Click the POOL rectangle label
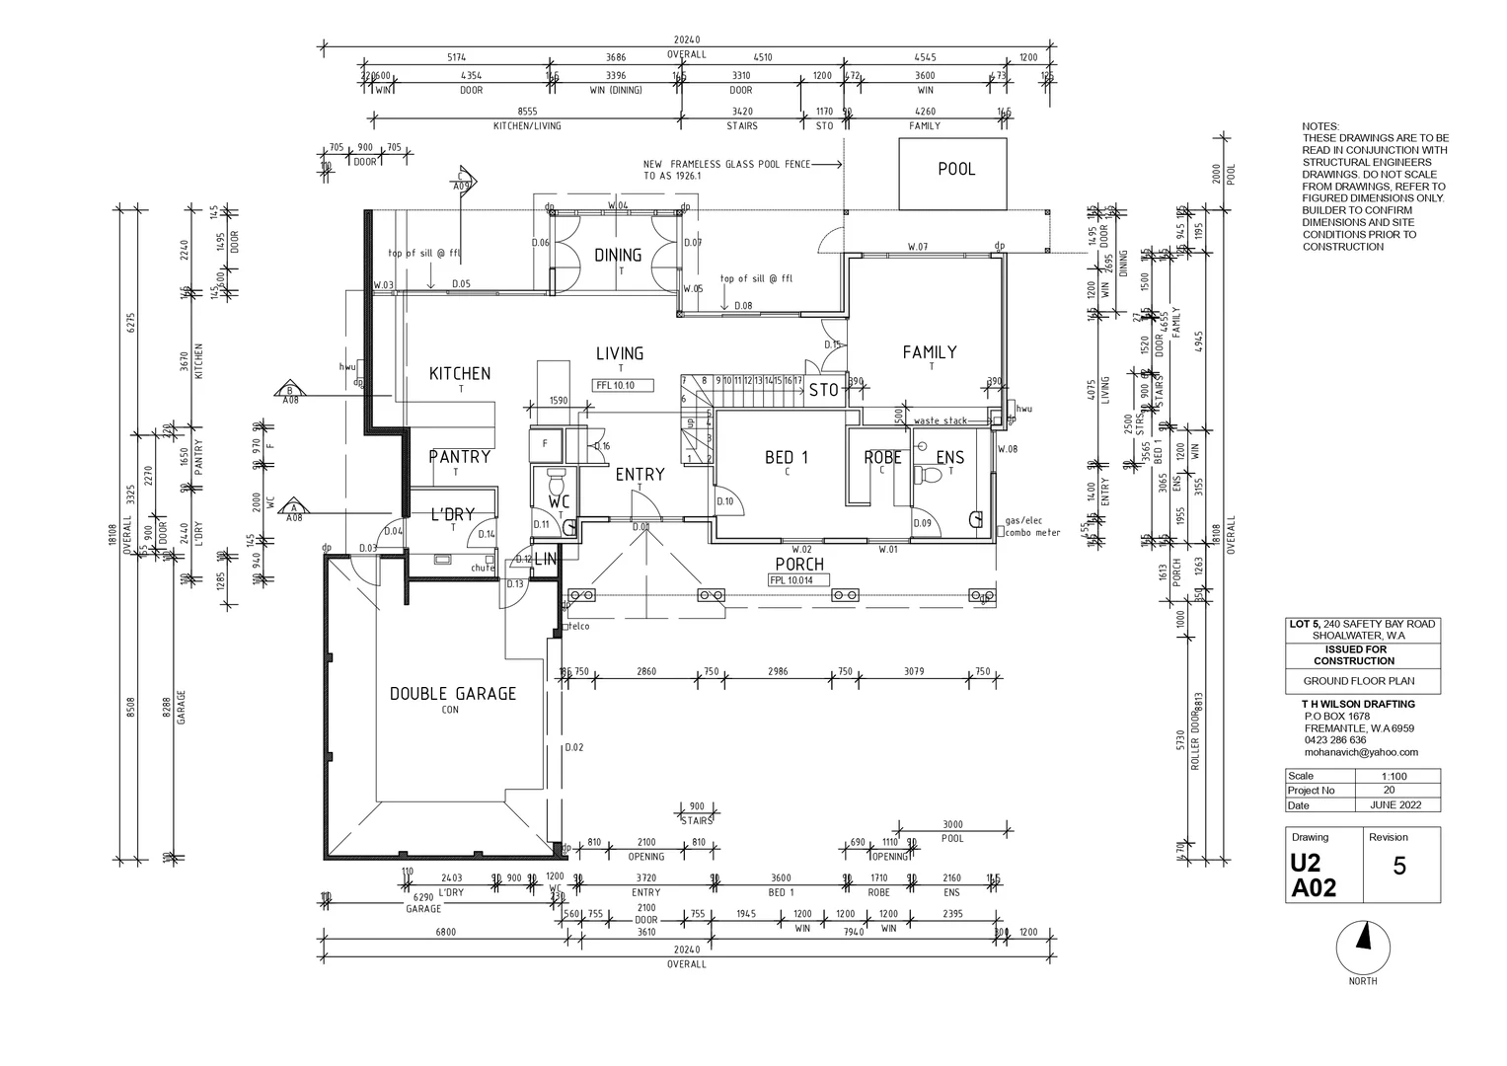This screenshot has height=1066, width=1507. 955,170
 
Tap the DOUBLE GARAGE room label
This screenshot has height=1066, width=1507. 453,694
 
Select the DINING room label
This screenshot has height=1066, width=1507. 618,256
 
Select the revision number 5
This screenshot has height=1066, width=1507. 1398,867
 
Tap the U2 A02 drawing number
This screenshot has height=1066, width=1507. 1314,876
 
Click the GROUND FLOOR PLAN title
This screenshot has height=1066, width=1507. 1358,681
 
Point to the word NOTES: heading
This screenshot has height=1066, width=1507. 1320,126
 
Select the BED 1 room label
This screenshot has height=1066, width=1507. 787,458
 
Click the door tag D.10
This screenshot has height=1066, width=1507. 725,501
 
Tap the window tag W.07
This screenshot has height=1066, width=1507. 918,247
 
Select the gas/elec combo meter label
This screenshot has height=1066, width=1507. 1031,526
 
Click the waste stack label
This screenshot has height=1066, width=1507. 940,421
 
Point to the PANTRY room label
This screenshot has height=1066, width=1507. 459,457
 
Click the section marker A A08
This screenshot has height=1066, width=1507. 292,510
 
